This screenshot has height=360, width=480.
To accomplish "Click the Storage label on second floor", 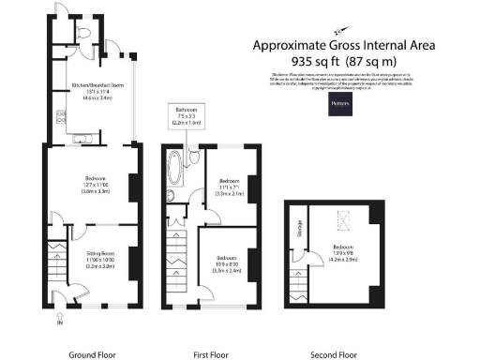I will pyautogui.click(x=300, y=229).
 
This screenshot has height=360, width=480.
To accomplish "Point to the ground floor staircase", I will pyautogui.click(x=54, y=267).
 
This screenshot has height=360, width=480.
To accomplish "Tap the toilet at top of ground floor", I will pyautogui.click(x=86, y=35).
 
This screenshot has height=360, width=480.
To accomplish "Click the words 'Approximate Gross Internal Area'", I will pyautogui.click(x=337, y=44).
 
